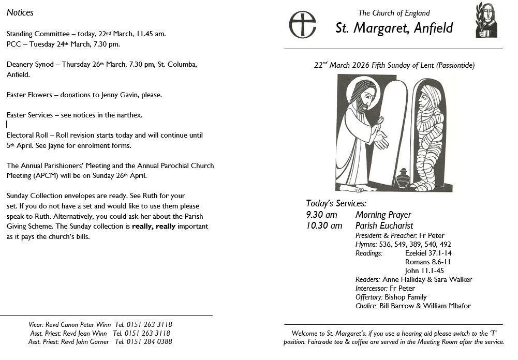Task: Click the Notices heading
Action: tap(20, 12)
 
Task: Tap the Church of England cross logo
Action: tap(302, 24)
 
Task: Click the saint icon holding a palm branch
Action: tap(486, 20)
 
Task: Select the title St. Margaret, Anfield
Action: tap(394, 27)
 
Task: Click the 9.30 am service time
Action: tap(321, 215)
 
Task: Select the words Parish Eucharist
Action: tap(384, 226)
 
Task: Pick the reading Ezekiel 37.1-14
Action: tap(428, 253)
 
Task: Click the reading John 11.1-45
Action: tap(424, 271)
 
